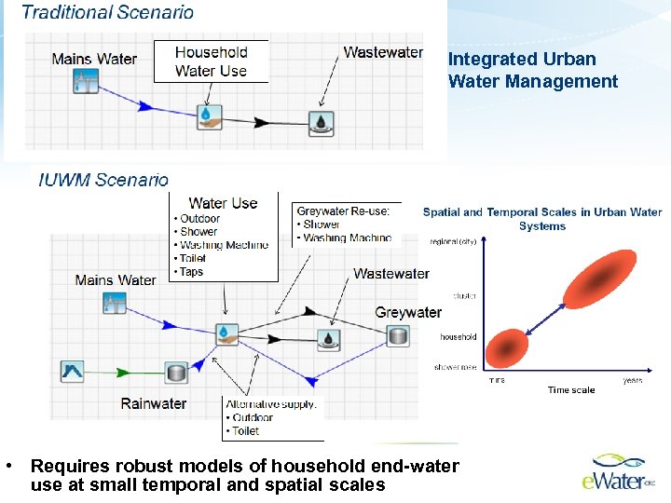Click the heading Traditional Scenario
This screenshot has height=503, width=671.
tap(107, 13)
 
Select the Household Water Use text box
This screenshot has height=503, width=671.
tap(211, 61)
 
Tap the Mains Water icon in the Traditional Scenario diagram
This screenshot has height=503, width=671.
tap(86, 81)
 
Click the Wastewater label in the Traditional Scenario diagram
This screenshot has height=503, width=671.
tap(383, 52)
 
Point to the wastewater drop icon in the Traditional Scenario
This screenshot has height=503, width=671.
tap(322, 122)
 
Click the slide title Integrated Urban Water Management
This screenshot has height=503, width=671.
tap(532, 70)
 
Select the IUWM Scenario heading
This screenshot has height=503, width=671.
tap(103, 180)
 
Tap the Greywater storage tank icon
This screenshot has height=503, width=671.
tap(399, 335)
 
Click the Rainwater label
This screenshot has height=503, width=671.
tap(153, 403)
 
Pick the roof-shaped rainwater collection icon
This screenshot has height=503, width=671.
tap(72, 373)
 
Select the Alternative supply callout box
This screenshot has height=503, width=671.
tap(273, 417)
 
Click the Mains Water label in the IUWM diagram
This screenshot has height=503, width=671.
tap(116, 279)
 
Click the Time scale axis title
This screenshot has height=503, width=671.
tap(570, 390)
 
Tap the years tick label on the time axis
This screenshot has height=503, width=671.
tap(632, 380)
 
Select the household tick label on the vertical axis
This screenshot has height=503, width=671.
tap(458, 337)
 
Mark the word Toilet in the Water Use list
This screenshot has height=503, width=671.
tap(192, 259)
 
